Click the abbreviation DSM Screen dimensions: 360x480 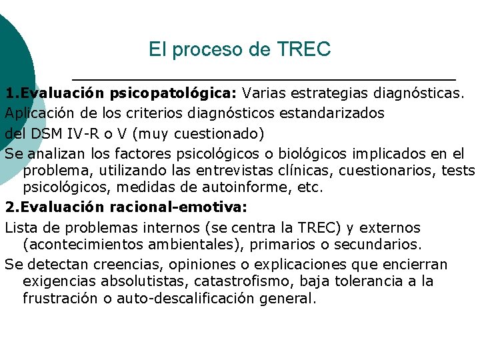click(x=46, y=133)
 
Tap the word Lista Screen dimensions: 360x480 click(x=22, y=228)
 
